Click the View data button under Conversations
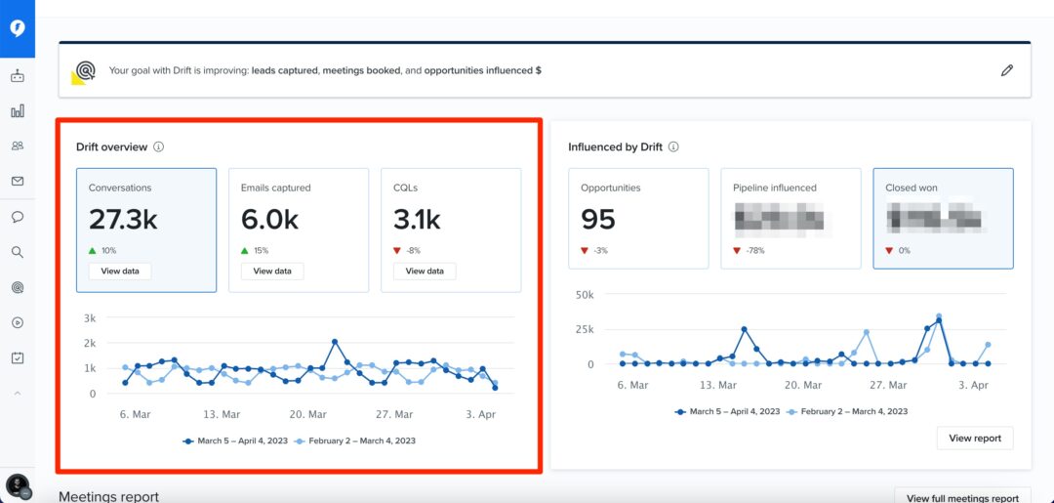120,271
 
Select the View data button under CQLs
425,271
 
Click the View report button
974,439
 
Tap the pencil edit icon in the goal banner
1007,70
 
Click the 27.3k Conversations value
123,220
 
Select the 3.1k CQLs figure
418,220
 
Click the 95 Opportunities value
598,220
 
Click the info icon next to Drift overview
158,147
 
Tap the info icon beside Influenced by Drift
673,147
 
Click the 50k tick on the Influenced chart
584,294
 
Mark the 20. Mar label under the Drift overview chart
308,415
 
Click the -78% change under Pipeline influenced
754,251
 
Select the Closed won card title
911,188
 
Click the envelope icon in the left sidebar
18,181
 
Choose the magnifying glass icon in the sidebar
18,252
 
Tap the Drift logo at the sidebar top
18,28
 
